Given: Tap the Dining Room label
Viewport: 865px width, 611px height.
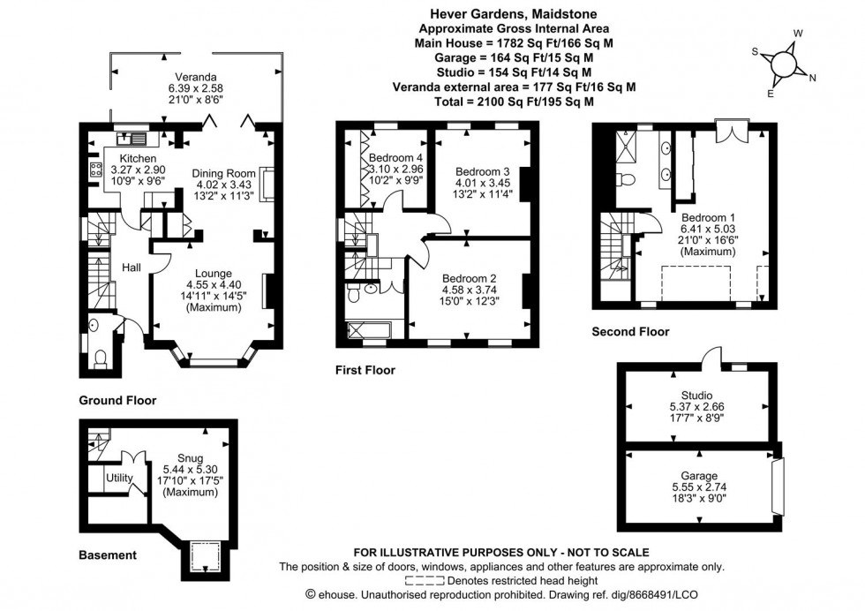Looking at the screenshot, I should (x=223, y=173).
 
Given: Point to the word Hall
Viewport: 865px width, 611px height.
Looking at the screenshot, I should (x=132, y=267).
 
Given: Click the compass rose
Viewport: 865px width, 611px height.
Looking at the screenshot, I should (x=782, y=63).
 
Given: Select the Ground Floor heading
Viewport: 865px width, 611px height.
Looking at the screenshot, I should (x=117, y=400).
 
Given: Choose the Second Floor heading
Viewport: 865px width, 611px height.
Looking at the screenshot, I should (x=630, y=332).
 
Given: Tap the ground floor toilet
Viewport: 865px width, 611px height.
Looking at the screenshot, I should (x=100, y=356).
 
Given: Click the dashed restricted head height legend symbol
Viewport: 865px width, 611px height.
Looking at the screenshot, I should (x=424, y=581).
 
